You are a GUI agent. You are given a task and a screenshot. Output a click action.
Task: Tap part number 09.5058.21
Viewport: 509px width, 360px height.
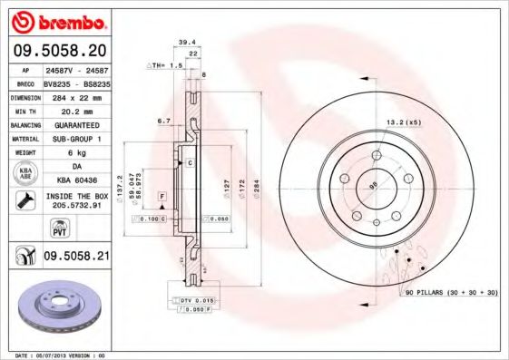pos(75,258)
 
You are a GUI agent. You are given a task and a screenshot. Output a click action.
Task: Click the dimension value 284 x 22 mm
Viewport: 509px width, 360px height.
pos(75,95)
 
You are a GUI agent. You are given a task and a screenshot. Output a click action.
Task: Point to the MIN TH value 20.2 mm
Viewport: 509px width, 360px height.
pos(75,110)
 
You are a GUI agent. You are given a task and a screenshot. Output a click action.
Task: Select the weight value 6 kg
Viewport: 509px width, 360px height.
pos(75,153)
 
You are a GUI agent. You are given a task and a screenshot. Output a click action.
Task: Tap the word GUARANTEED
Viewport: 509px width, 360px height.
pos(75,124)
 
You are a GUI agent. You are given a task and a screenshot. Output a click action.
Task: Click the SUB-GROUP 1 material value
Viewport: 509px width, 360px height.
pos(75,139)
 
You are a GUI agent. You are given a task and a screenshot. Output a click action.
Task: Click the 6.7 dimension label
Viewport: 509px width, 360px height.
pos(164,120)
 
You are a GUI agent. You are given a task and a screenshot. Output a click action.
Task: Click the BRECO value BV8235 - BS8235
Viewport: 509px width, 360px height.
pos(75,81)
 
